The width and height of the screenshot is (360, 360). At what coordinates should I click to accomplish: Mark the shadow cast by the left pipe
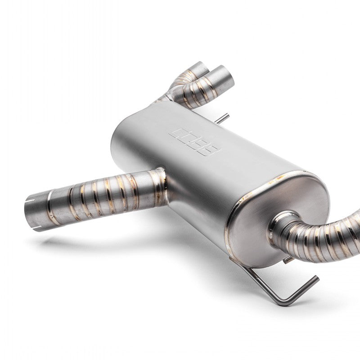point(90,243)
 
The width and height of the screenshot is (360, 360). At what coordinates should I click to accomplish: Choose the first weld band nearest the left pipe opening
point(50,209)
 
